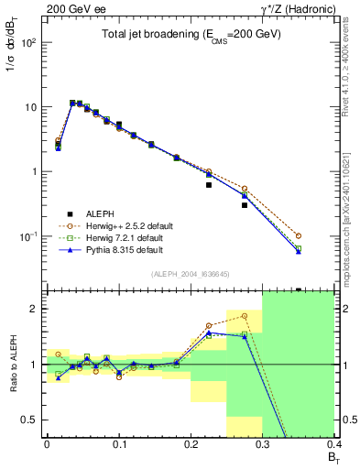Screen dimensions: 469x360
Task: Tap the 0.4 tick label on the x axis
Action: click(333, 443)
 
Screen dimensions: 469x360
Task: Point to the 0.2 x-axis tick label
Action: click(191, 443)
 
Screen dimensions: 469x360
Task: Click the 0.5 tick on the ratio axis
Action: click(33, 420)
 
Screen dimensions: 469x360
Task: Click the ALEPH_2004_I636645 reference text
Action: click(189, 274)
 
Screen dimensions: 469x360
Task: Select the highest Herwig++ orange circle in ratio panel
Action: click(245, 316)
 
